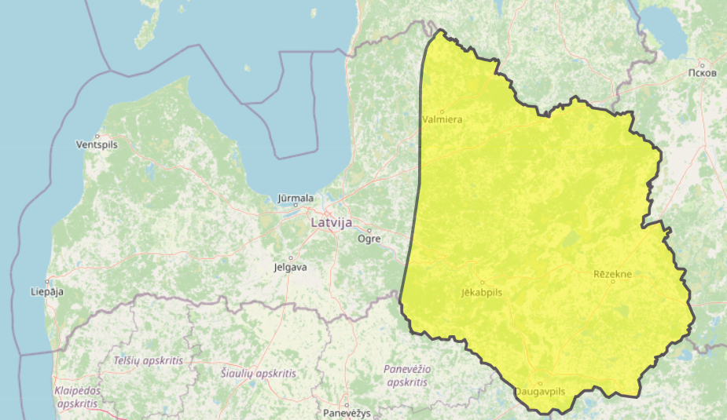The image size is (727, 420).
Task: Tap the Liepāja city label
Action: pos(46,291)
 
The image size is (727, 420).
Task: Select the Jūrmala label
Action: pos(296,199)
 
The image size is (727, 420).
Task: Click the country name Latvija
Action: pos(331,222)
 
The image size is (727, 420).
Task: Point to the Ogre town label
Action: pos(369,239)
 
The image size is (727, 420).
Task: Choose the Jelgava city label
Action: pos(290,267)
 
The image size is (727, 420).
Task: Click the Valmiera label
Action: pos(442,120)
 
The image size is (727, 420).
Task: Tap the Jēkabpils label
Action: pos(482,292)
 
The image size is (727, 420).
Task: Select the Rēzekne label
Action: pos(612,274)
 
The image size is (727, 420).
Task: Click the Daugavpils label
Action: pos(540,391)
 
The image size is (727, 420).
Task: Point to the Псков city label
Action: pos(701,73)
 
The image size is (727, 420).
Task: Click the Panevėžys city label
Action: pos(347,413)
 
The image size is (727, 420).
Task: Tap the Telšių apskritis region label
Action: pos(148,360)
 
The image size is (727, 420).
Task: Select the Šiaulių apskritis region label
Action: pos(259,374)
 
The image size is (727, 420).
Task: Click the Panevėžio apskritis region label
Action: pos(408,375)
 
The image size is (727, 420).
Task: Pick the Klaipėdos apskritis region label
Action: pos(77,396)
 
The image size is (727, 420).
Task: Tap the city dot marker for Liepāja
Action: pos(47,282)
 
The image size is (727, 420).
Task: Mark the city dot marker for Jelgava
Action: pos(290,257)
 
